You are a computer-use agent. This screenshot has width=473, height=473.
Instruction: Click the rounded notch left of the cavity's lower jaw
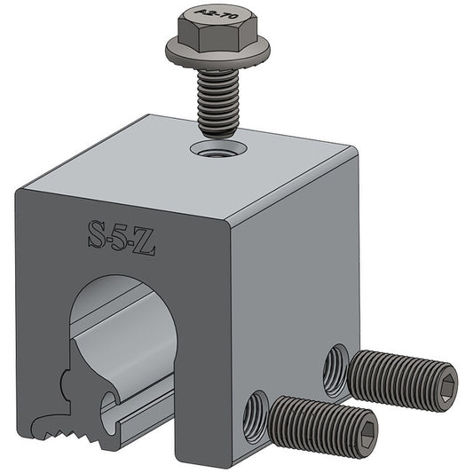pyautogui.click(x=67, y=385)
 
